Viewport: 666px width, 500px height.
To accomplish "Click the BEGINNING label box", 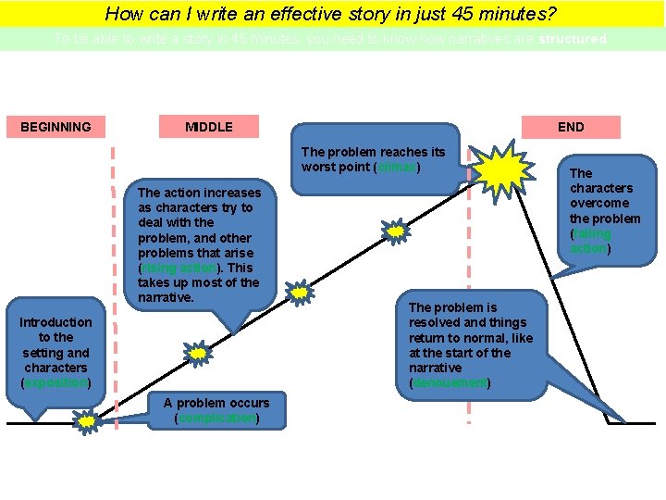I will (56, 127).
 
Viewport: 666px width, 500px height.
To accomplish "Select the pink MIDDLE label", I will (209, 127).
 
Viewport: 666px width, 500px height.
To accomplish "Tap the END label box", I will (571, 127).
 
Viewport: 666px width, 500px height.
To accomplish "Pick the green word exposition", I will (55, 383).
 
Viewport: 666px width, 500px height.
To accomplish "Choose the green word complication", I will (217, 419).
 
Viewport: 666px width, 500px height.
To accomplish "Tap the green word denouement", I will (450, 383).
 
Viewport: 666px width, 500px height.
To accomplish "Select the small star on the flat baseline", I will (86, 422).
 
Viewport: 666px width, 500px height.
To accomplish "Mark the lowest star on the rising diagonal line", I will (198, 353).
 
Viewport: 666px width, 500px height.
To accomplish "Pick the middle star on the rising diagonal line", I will (300, 293).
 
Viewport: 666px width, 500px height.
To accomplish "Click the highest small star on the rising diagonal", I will (396, 231).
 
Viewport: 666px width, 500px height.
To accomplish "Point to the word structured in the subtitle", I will (573, 40).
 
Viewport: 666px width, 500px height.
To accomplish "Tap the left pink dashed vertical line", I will (113, 278).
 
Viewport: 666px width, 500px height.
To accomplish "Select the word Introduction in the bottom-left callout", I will (55, 322).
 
